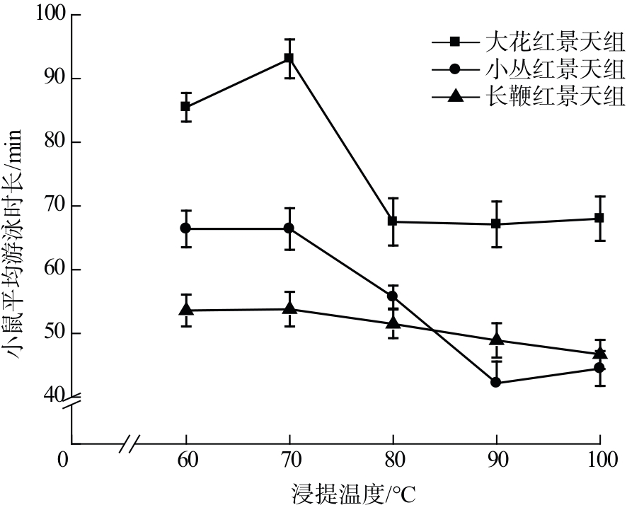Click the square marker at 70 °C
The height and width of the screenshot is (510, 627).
[289, 58]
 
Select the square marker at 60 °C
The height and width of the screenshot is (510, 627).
[185, 107]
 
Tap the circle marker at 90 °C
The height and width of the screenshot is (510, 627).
[496, 383]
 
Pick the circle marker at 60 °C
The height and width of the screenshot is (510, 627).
[185, 228]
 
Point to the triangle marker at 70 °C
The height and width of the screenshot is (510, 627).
[289, 308]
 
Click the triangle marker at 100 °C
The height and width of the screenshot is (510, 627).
[599, 353]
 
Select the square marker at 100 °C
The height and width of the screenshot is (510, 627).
[599, 218]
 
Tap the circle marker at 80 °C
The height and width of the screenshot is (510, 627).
[393, 296]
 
